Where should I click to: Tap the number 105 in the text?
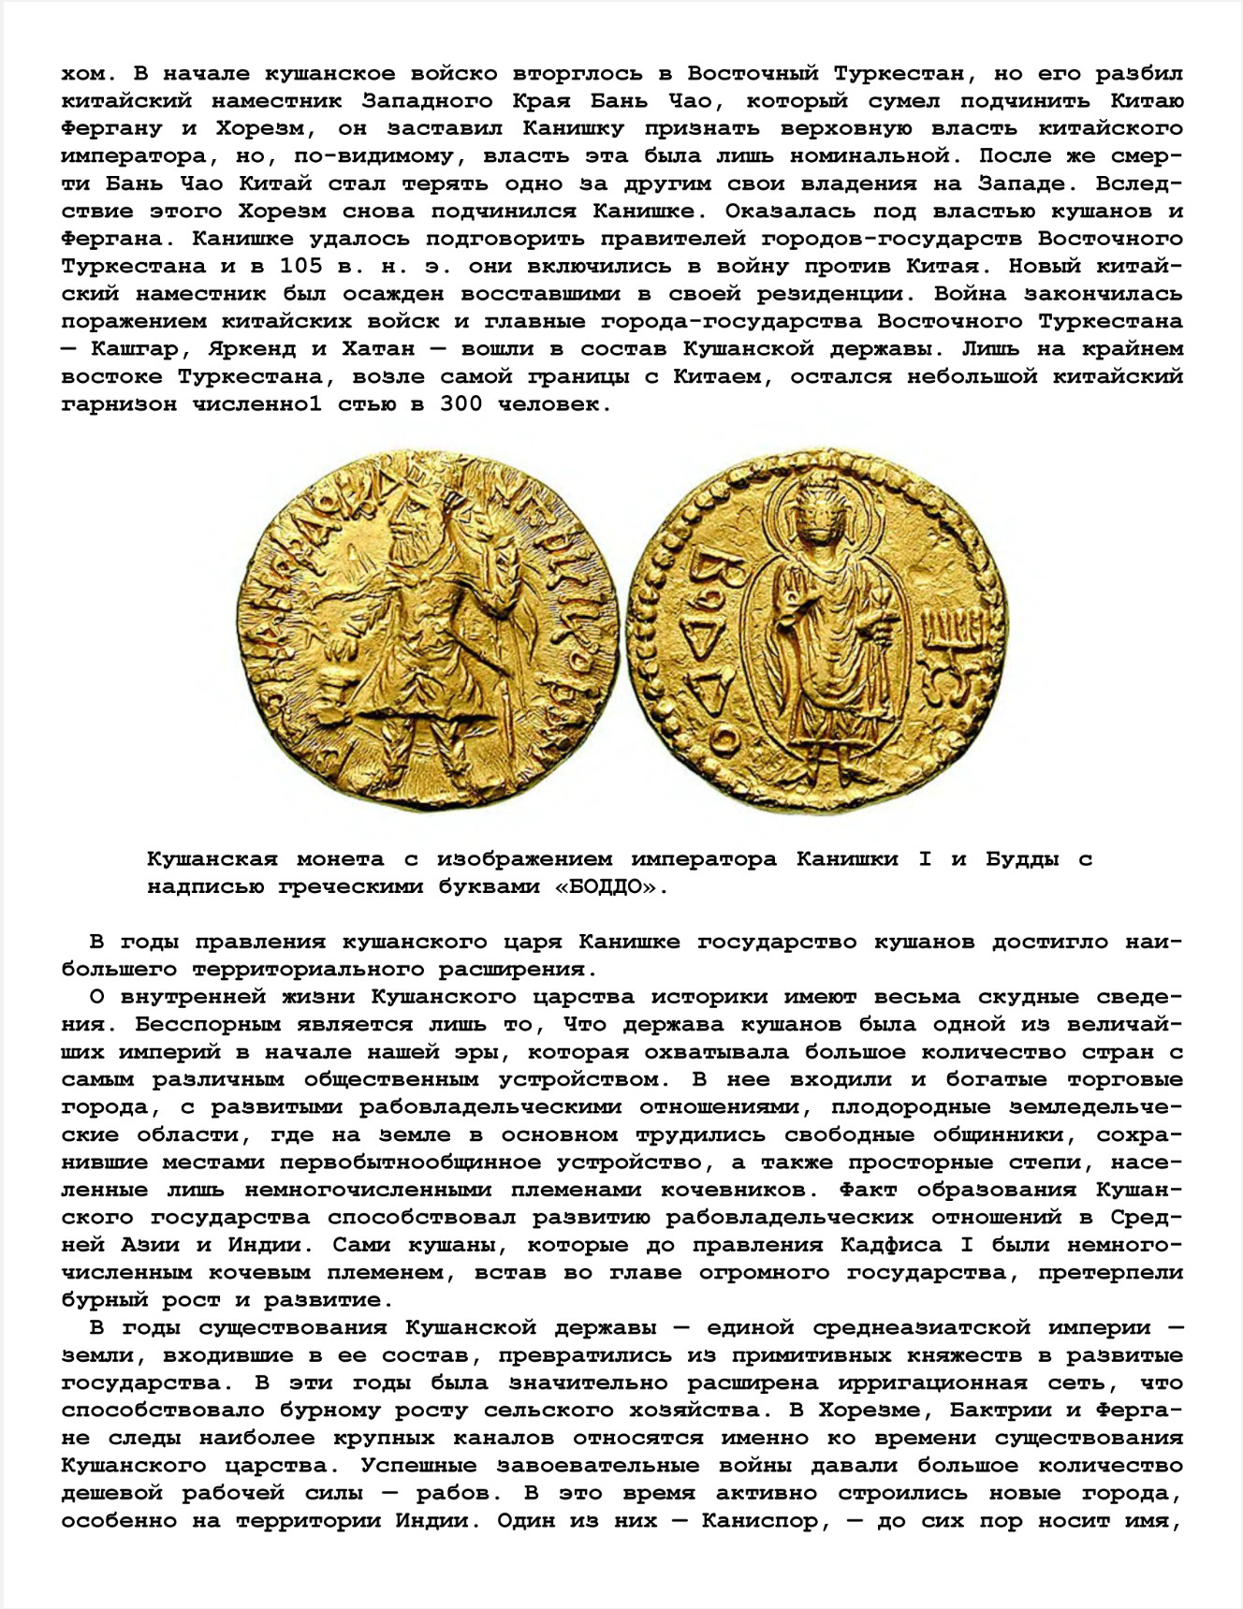click(x=301, y=266)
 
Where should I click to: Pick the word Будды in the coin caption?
click(x=1022, y=859)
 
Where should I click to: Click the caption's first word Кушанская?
click(x=212, y=859)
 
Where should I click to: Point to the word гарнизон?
click(x=119, y=404)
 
